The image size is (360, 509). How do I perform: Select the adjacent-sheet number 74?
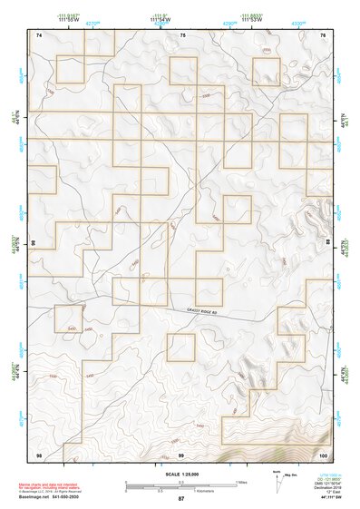coord(39,34)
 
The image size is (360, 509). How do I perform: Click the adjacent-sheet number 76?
coord(323,34)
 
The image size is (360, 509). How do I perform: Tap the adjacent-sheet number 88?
coord(327,244)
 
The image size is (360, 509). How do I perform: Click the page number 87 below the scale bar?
coord(181,499)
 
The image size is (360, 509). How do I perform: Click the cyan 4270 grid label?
coord(92,24)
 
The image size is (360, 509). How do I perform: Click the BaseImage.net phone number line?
coord(45,498)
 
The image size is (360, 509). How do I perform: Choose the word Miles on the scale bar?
coord(242,482)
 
